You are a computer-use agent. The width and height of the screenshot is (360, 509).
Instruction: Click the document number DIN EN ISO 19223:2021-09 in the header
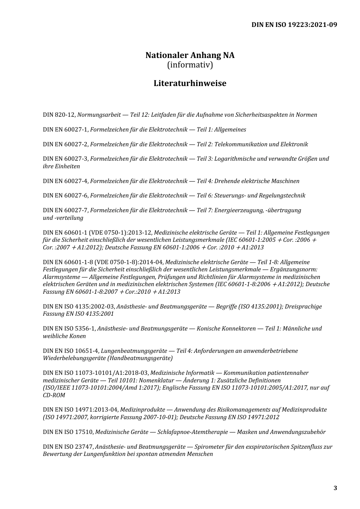294,25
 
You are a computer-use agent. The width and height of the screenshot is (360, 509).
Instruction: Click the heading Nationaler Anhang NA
190,55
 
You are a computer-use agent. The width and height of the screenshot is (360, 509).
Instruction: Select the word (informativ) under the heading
190,65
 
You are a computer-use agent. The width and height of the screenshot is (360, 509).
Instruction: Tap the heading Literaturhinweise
190,83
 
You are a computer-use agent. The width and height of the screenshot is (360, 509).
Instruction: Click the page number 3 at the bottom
335,488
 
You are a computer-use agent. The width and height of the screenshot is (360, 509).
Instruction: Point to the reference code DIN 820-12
59,115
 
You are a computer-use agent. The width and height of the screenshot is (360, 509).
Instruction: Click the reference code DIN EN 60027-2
66,144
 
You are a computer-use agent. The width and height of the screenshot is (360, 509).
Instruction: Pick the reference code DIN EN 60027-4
66,181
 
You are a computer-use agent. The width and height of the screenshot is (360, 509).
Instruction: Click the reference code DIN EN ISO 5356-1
69,329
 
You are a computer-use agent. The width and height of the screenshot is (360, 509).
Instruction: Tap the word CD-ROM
54,395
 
